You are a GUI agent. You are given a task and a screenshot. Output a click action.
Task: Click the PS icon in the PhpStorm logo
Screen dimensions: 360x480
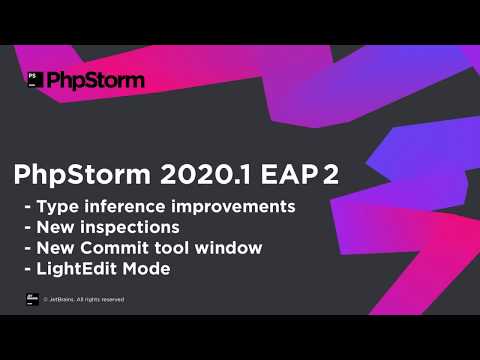click(35, 79)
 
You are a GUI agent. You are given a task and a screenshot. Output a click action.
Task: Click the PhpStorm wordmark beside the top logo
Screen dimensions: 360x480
click(96, 79)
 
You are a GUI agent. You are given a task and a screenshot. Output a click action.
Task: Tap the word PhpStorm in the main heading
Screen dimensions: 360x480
click(78, 175)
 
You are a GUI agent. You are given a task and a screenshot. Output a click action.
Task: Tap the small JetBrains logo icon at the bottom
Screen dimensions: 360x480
click(32, 298)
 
